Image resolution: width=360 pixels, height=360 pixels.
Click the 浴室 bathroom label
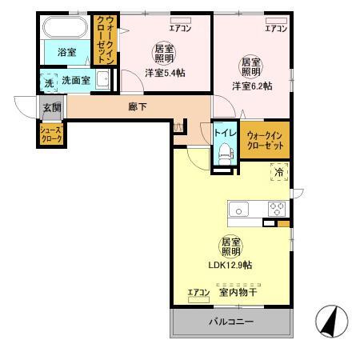click(66, 53)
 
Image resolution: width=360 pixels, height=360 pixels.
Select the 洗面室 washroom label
click(75, 81)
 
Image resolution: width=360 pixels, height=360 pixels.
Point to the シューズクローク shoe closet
click(52, 134)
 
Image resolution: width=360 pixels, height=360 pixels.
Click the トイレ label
click(223, 134)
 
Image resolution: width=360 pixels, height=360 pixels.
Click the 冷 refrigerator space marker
click(279, 172)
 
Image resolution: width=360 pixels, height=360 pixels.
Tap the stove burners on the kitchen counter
click(276, 209)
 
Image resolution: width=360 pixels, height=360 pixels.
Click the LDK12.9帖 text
click(230, 265)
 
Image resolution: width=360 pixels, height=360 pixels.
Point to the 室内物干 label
click(238, 293)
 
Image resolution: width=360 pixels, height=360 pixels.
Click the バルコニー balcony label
click(231, 322)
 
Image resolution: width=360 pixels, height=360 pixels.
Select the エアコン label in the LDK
click(198, 293)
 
